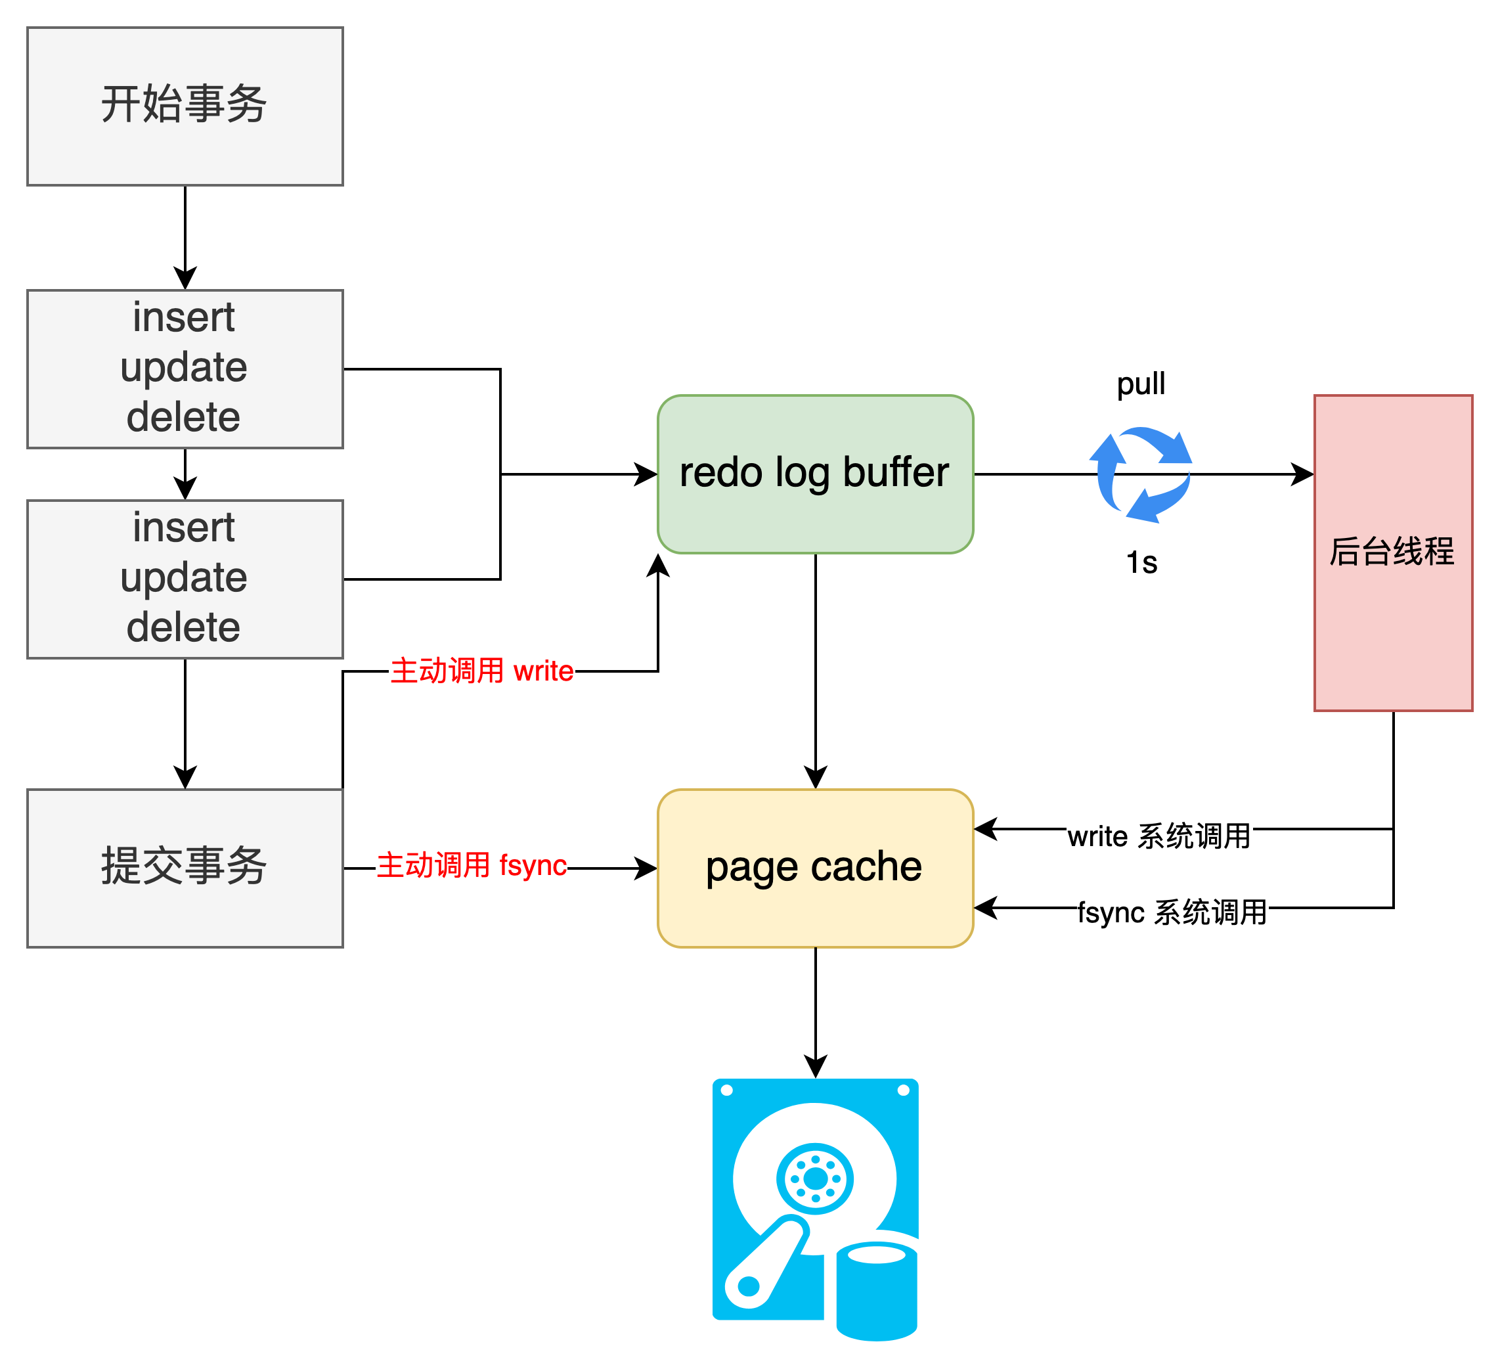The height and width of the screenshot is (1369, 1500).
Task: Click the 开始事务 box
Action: (x=185, y=106)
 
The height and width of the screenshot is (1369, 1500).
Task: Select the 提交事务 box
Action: (x=185, y=868)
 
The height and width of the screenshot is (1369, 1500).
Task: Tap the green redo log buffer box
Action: (x=815, y=474)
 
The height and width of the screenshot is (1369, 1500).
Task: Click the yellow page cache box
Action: (x=815, y=868)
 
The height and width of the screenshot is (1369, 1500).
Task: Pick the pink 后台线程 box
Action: (x=1392, y=552)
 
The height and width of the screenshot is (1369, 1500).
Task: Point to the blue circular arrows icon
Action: (x=1141, y=474)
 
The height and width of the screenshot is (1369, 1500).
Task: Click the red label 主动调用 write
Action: (x=481, y=671)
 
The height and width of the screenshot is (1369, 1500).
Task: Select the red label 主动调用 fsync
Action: (x=471, y=866)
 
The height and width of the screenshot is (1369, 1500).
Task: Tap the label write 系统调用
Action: (x=1159, y=837)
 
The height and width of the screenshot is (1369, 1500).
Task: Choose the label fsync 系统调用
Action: (x=1172, y=912)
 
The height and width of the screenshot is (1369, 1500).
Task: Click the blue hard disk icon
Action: (x=815, y=1206)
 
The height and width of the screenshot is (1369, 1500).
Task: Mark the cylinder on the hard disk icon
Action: (x=877, y=1291)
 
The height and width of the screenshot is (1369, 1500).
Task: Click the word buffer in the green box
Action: (x=896, y=473)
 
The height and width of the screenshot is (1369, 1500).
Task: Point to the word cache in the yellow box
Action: (x=866, y=867)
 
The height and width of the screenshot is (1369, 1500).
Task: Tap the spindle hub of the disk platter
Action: (x=815, y=1178)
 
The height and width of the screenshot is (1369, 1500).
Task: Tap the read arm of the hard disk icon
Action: (x=766, y=1264)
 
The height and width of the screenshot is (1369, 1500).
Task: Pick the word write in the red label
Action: (x=543, y=671)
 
